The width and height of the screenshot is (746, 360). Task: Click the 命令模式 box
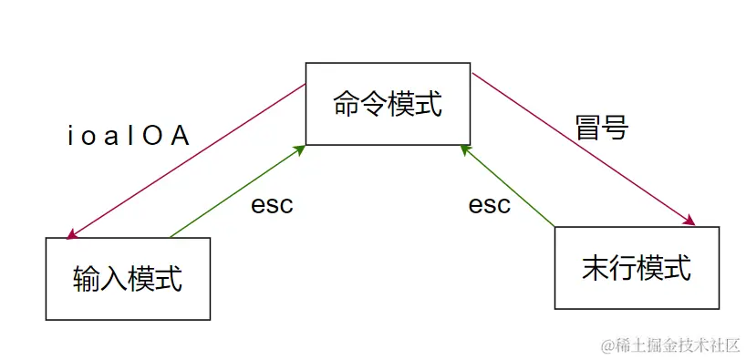(388, 103)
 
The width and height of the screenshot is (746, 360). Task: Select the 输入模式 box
(128, 278)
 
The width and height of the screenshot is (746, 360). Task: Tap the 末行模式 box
(637, 268)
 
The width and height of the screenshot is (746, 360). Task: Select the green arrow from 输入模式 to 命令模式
(237, 190)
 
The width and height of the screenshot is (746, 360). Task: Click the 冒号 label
(602, 127)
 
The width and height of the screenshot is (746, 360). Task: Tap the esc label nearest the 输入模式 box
(272, 205)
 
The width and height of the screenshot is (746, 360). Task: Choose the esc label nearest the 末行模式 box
(490, 205)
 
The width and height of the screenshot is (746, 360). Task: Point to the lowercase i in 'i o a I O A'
(72, 137)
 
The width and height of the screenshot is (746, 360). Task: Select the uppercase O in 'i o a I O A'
(154, 137)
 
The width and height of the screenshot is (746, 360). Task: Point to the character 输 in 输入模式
(87, 278)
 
